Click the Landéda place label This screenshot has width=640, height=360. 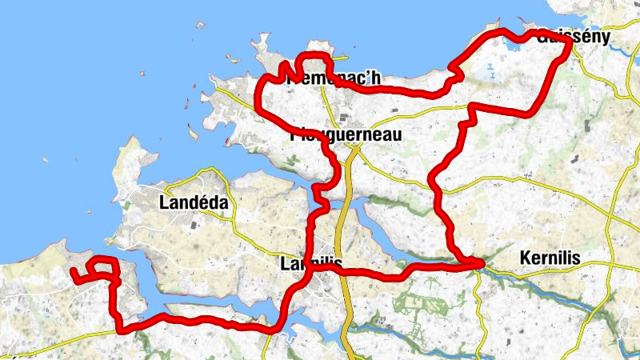[194, 202]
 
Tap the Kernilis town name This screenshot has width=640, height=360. [550, 258]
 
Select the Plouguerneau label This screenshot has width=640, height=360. [346, 135]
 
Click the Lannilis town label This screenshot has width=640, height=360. [312, 262]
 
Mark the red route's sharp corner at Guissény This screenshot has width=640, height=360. [570, 43]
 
